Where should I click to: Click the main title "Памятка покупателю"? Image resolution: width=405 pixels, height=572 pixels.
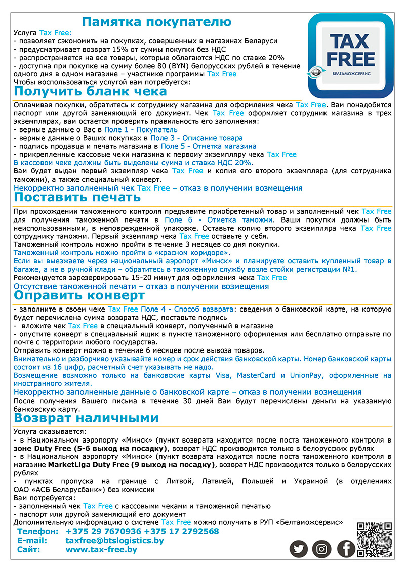(x=156, y=22)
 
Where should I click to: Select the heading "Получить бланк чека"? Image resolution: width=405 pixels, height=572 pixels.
(x=90, y=92)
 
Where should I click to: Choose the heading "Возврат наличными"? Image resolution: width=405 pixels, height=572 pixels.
(x=86, y=418)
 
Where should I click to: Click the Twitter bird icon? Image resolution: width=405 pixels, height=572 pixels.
(x=299, y=549)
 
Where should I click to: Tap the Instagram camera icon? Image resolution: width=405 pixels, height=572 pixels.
(x=322, y=549)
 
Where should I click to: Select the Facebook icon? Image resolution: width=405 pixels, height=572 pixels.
(x=346, y=549)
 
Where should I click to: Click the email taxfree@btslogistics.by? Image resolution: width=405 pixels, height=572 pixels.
(x=115, y=540)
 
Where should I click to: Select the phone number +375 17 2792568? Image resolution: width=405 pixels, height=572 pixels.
(x=181, y=531)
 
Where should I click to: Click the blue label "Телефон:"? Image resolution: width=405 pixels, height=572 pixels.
(x=38, y=531)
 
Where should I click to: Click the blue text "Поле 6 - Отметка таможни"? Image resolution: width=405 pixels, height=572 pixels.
(x=218, y=220)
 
